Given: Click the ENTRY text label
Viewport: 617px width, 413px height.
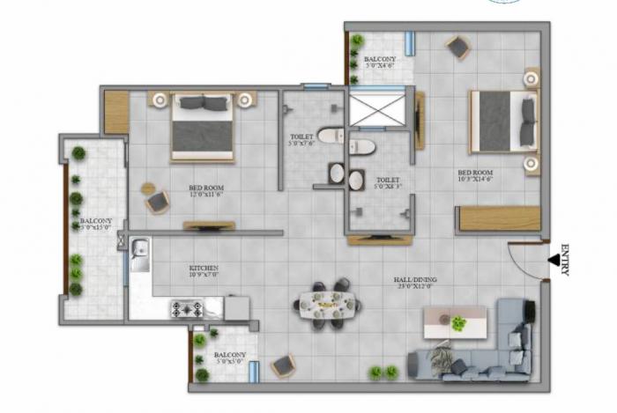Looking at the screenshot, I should (565, 261).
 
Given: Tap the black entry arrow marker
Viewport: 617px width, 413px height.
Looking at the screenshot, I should (553, 261).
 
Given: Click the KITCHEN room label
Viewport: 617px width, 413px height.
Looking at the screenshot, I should (204, 270).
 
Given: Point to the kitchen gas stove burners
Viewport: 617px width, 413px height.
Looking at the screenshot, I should (188, 309).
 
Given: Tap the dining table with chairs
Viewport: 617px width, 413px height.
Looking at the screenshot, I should (326, 304).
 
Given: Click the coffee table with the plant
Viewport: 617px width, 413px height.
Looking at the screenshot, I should (455, 322).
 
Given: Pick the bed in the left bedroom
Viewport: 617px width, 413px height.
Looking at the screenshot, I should (203, 126).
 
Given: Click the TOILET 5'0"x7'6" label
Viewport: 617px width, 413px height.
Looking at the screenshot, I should (301, 142).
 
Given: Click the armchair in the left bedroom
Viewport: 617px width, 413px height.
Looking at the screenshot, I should (157, 202).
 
